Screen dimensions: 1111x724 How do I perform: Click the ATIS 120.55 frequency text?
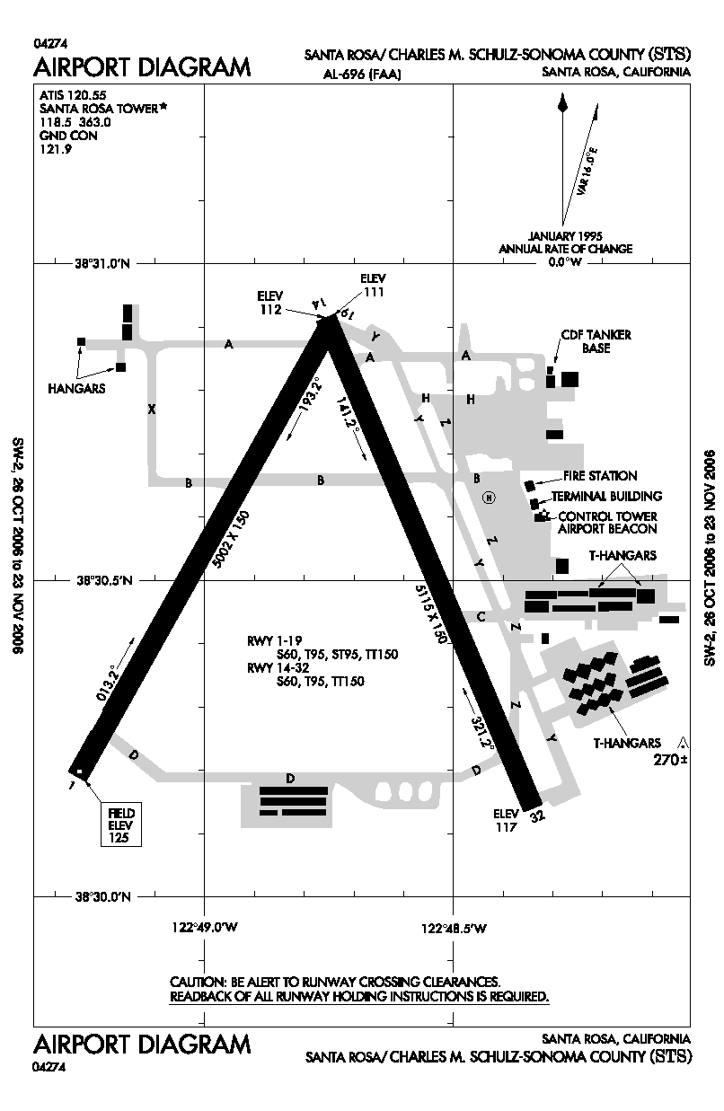(68, 93)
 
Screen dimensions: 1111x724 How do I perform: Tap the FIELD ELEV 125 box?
(119, 824)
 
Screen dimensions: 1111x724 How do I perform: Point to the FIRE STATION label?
(600, 476)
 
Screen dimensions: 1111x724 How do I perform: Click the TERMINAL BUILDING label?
(607, 496)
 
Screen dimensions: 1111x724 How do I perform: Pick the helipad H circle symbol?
(489, 498)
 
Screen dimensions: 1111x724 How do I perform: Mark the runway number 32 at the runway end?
(537, 816)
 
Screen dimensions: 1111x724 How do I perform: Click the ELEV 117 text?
(507, 820)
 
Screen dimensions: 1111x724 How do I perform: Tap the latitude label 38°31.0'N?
(102, 264)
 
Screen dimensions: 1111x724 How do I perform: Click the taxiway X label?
(152, 409)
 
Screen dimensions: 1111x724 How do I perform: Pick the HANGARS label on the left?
(77, 389)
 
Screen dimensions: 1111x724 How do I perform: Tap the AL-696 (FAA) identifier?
(363, 75)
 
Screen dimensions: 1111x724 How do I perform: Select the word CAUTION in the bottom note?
(199, 982)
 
